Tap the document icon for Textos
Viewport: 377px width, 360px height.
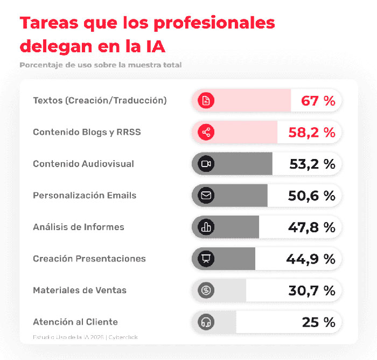tap(205, 101)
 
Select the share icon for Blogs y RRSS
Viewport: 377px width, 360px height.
tap(205, 132)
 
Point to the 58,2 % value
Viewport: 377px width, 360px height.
tap(312, 133)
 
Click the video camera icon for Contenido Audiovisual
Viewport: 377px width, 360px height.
tap(205, 164)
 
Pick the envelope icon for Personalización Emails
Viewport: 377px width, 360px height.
tap(205, 196)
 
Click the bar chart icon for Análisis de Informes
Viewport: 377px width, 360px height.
tap(205, 227)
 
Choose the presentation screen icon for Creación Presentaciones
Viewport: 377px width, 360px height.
tap(205, 259)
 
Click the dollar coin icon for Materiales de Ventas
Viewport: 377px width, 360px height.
tap(205, 290)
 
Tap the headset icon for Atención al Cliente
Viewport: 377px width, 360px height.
tap(205, 322)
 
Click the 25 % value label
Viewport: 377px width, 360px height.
tap(318, 322)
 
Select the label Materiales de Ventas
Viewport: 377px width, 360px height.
tap(80, 290)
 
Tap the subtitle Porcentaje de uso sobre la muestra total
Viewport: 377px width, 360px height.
tap(100, 65)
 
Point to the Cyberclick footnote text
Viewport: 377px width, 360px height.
tap(122, 337)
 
